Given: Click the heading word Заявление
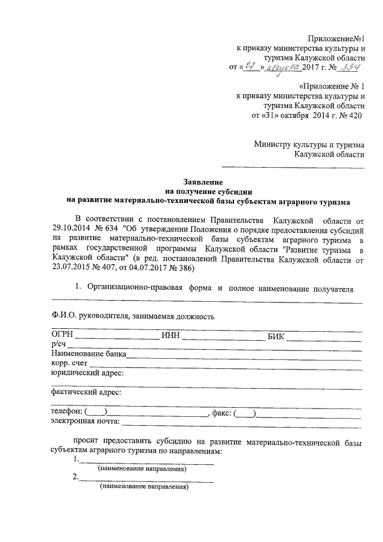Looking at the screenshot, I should (203, 181).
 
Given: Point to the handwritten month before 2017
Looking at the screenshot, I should (281, 67).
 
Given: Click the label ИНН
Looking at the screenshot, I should (171, 335).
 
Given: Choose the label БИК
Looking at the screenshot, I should (276, 335).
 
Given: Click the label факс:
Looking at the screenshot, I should (221, 412).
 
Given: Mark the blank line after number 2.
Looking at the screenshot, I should (147, 480).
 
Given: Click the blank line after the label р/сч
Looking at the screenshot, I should (215, 346).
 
